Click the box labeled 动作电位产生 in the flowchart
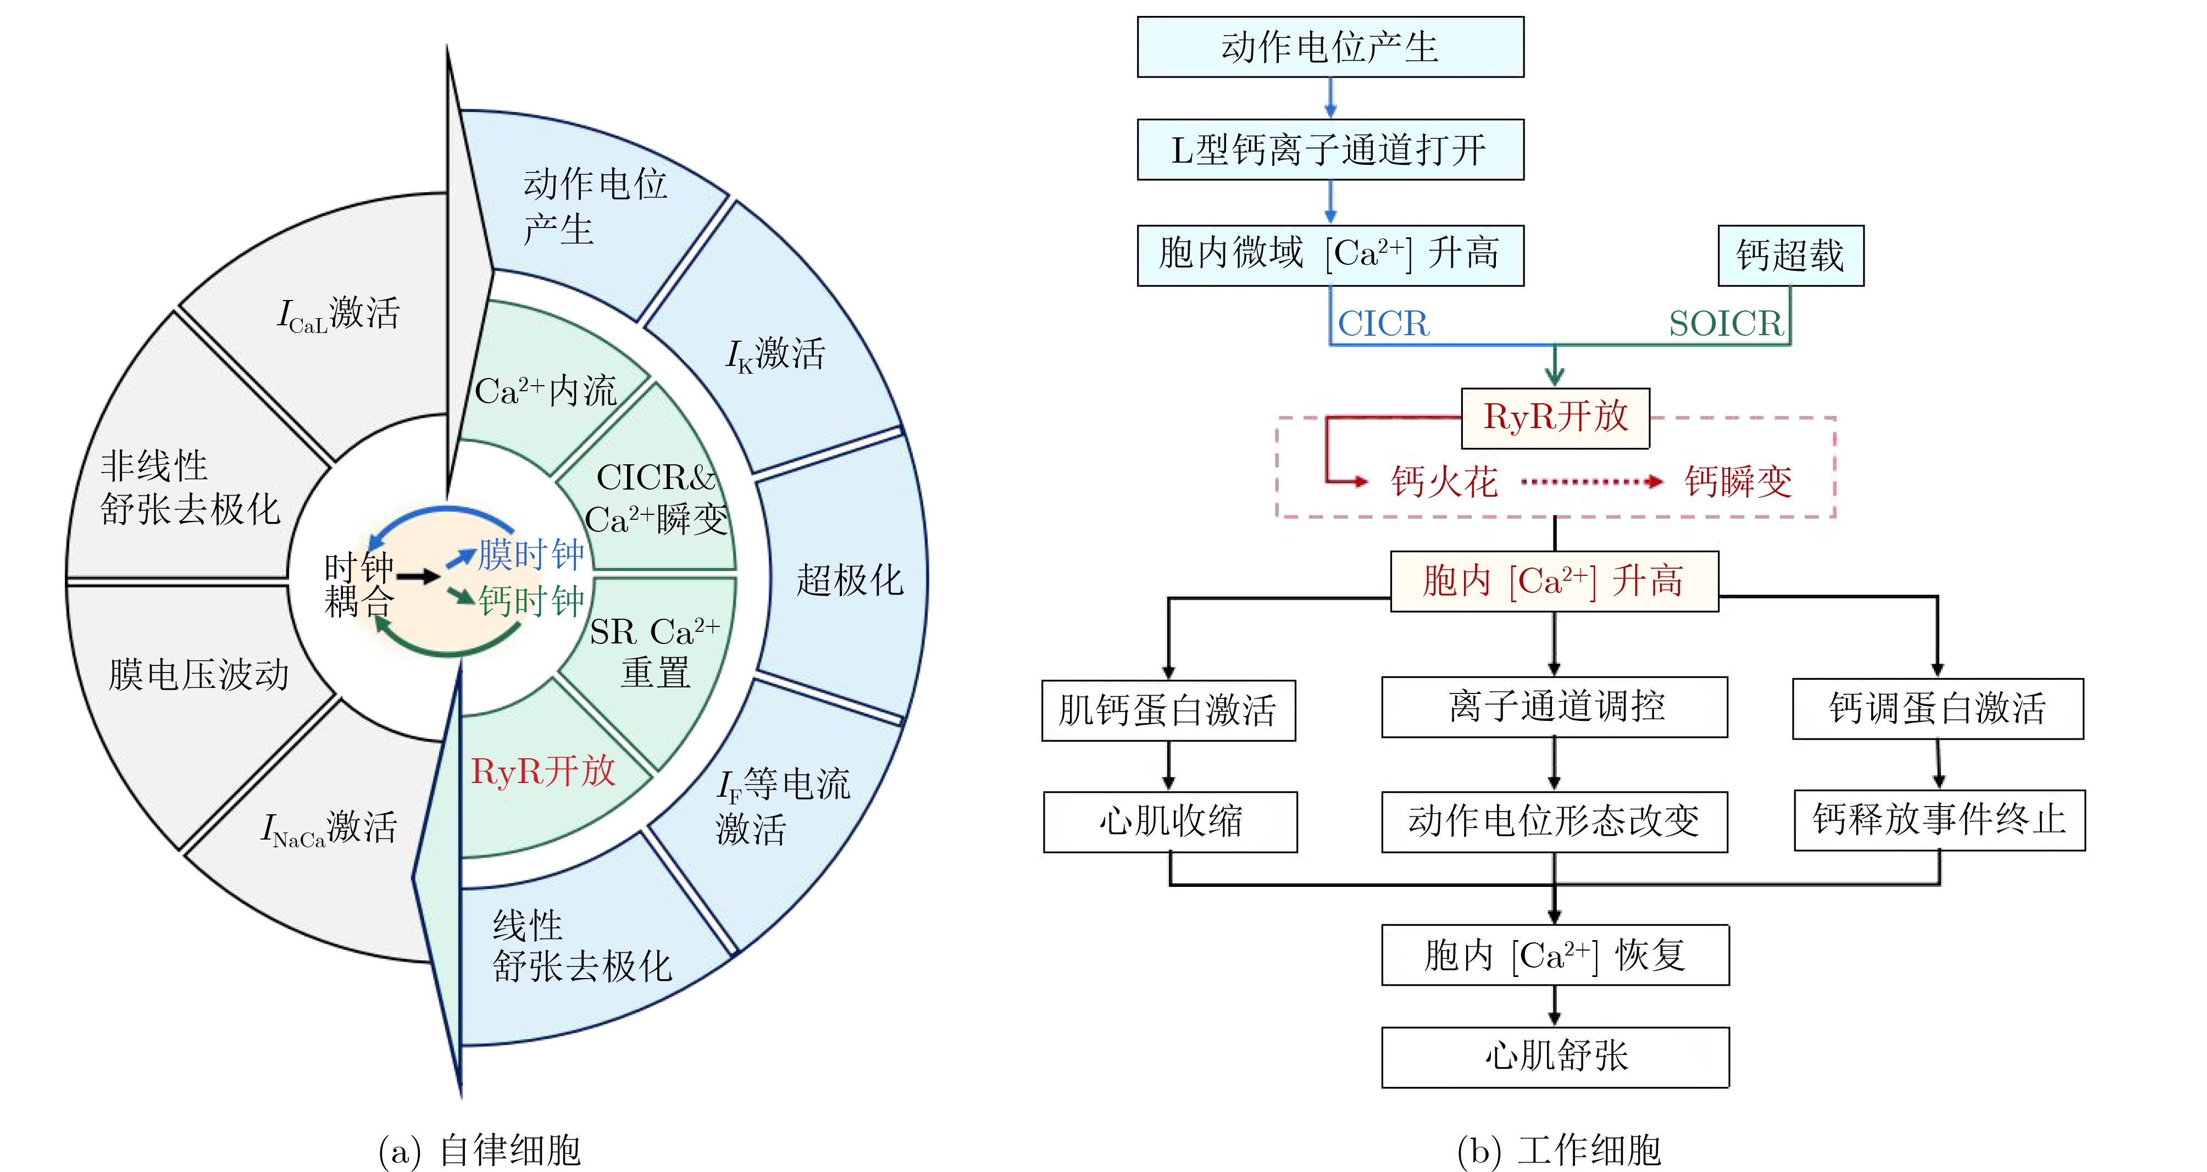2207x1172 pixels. (1330, 47)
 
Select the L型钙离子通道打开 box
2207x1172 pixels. (1330, 150)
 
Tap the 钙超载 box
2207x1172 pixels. (1790, 255)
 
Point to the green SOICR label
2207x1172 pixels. (1724, 324)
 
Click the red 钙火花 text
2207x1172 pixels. (1444, 481)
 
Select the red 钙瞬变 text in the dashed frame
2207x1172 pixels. (1738, 481)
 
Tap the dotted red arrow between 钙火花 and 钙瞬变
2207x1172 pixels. (1591, 481)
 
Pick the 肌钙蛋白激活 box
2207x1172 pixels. (1168, 710)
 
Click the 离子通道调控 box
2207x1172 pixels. (1554, 707)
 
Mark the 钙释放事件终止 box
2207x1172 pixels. (1939, 820)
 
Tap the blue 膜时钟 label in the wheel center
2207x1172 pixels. (531, 554)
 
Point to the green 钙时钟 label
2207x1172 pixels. (531, 601)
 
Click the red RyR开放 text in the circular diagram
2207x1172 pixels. (543, 771)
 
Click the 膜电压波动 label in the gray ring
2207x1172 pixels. (199, 674)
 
